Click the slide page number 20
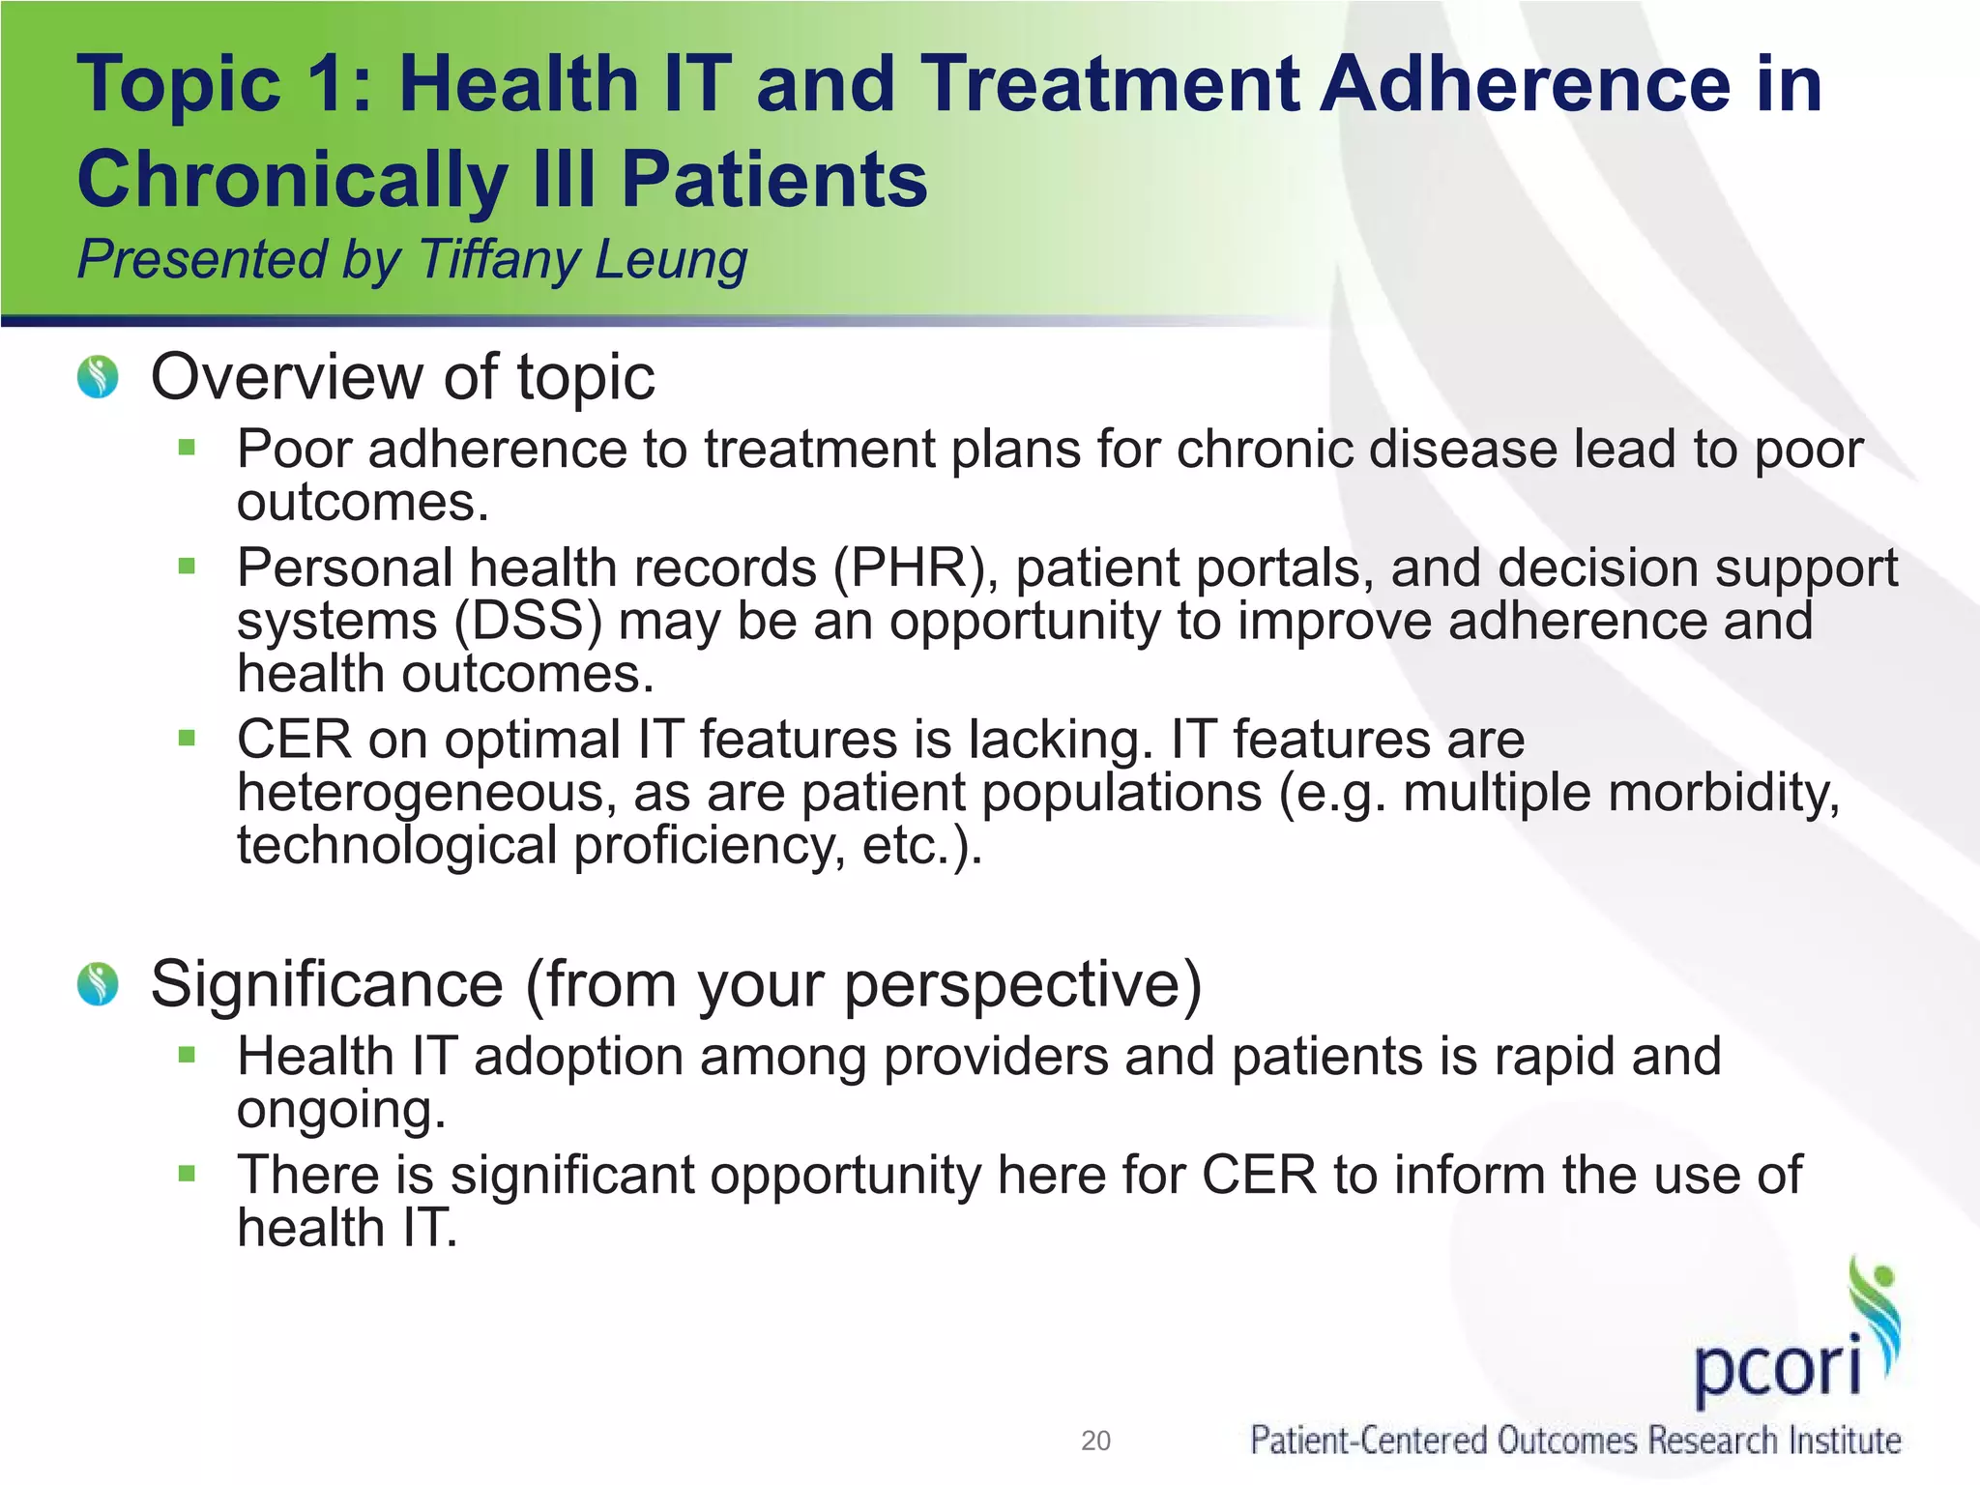(x=1095, y=1441)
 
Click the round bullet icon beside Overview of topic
(x=98, y=377)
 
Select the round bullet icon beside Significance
(x=98, y=984)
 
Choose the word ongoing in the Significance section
(x=341, y=1109)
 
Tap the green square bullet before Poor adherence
(x=188, y=448)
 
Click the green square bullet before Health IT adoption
(x=188, y=1055)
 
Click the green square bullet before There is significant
(x=188, y=1174)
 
